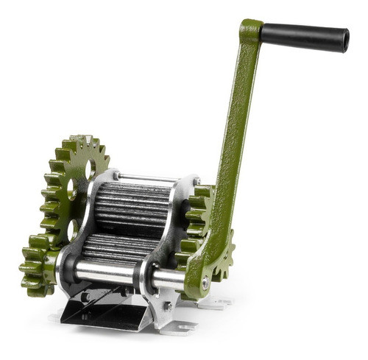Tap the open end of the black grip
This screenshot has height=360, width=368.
click(x=343, y=41)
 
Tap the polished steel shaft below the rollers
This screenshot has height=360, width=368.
click(x=110, y=274)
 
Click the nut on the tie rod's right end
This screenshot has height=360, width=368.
click(x=197, y=181)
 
